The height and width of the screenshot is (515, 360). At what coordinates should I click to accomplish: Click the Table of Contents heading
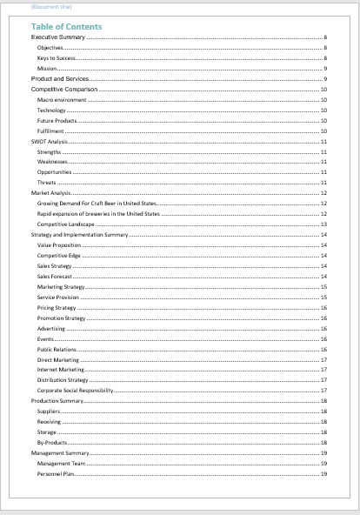pos(66,27)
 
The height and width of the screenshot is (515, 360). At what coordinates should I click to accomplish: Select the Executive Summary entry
pos(59,37)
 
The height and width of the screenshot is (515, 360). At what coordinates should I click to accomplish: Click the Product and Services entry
pos(60,79)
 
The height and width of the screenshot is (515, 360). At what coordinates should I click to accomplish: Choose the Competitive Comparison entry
pos(64,90)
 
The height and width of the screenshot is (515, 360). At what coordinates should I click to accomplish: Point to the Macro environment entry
pos(62,100)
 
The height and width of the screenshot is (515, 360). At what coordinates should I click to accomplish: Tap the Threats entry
pos(46,183)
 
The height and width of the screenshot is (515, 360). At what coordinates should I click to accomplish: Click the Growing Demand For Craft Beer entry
pos(96,204)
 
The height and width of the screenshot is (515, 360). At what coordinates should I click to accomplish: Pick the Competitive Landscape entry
pos(66,224)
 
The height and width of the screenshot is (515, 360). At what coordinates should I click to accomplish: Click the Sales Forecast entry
pos(55,276)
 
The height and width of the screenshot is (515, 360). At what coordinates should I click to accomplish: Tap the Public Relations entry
pos(57,349)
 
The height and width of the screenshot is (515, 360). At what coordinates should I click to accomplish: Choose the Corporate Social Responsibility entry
pos(76,391)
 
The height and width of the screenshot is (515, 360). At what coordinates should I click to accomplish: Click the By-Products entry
pos(51,443)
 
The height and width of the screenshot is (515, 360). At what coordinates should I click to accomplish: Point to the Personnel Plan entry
pos(55,474)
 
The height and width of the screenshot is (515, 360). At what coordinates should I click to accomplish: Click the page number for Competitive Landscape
pos(323,224)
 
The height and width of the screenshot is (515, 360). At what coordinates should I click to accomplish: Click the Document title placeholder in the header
pos(45,7)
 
